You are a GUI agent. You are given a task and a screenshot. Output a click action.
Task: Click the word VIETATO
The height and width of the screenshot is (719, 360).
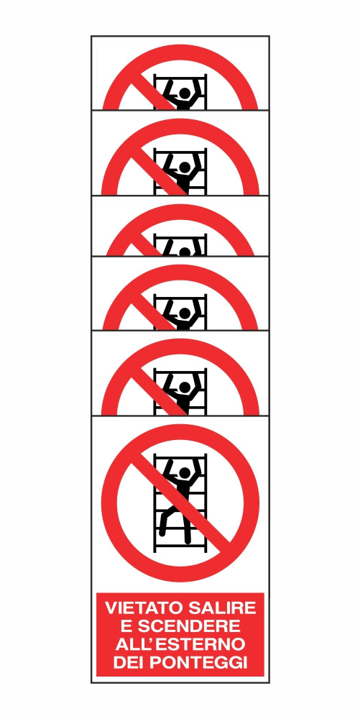tap(145, 608)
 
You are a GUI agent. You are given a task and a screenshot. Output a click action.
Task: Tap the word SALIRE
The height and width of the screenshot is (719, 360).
tap(223, 608)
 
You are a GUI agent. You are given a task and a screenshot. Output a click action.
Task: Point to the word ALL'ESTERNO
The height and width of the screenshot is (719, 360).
tap(180, 644)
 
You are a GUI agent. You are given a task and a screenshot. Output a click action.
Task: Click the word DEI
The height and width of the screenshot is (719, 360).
tap(127, 662)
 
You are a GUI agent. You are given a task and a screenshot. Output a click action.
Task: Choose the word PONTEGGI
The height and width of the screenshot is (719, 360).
tap(197, 662)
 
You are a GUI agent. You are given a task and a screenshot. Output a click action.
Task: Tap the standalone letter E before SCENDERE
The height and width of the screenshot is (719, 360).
tap(126, 626)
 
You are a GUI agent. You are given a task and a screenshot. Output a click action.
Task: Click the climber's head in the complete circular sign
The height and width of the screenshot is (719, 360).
tap(185, 473)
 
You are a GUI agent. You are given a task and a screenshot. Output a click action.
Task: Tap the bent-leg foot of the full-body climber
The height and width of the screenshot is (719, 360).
tap(162, 533)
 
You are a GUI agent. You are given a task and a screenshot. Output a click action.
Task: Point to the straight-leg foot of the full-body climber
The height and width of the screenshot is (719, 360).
tap(188, 541)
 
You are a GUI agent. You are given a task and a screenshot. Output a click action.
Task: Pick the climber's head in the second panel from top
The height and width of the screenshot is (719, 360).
tap(185, 168)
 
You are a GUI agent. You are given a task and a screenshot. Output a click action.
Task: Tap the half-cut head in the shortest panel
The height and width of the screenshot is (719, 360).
tap(185, 252)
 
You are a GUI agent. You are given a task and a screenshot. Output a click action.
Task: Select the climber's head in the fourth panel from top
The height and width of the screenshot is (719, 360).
tap(185, 313)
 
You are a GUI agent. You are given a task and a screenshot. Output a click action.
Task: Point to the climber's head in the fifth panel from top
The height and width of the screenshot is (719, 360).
tap(185, 388)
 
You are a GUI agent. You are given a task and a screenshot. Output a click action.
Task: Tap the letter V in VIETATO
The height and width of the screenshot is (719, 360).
tap(111, 608)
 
